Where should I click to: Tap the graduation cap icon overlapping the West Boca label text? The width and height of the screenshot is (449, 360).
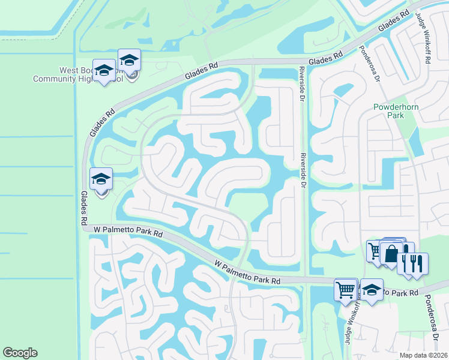click(x=104, y=71)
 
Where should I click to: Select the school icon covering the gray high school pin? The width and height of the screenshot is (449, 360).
click(x=128, y=60)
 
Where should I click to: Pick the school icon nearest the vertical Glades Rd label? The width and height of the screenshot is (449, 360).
click(x=101, y=179)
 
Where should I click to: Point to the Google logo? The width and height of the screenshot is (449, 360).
click(x=20, y=353)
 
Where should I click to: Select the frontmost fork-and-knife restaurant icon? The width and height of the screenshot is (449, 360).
click(x=417, y=264)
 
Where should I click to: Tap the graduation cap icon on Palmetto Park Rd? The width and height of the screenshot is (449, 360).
click(x=372, y=290)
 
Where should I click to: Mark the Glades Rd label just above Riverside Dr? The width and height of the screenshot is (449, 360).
click(x=325, y=58)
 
